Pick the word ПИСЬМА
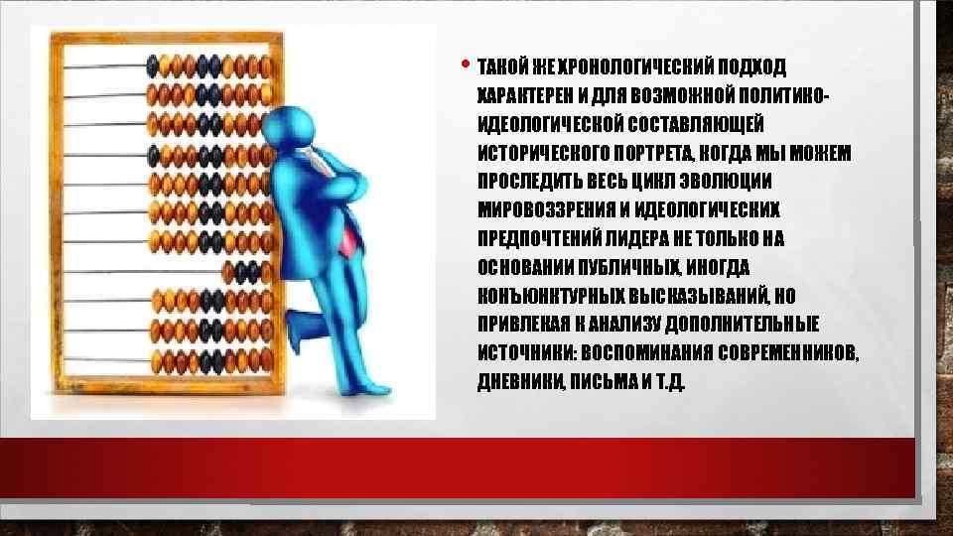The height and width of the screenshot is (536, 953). (x=589, y=383)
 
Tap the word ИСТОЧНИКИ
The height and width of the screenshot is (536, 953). (x=526, y=354)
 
